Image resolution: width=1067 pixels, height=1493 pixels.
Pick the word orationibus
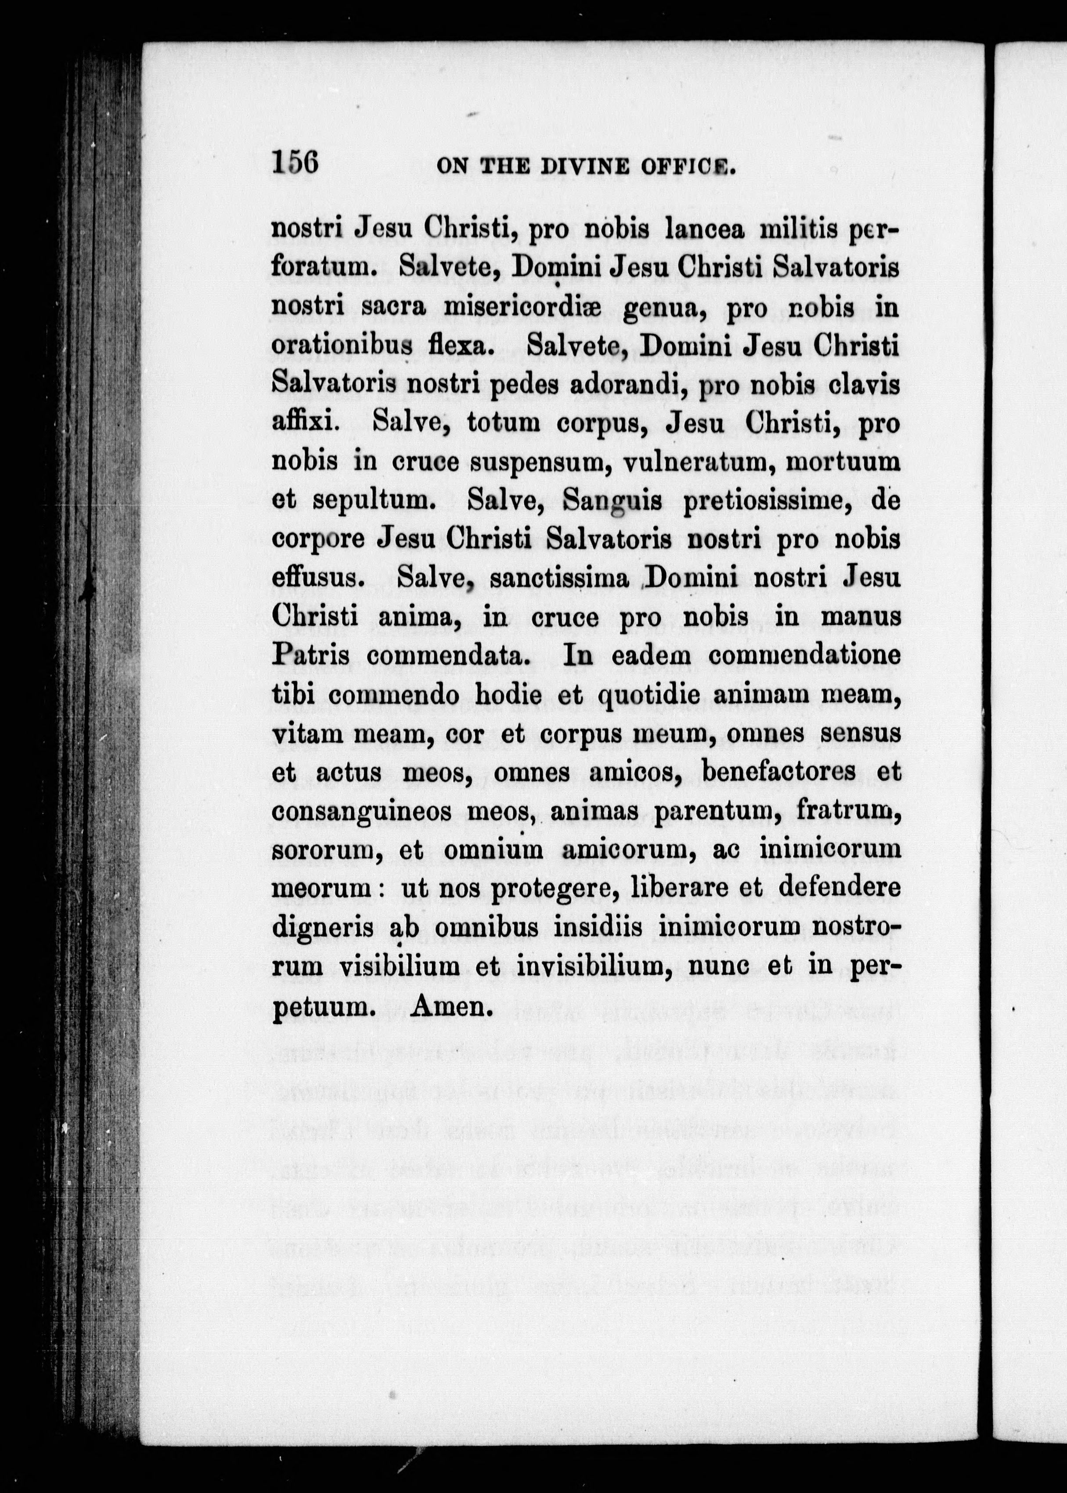point(342,346)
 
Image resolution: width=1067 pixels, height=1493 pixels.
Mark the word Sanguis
point(613,502)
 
